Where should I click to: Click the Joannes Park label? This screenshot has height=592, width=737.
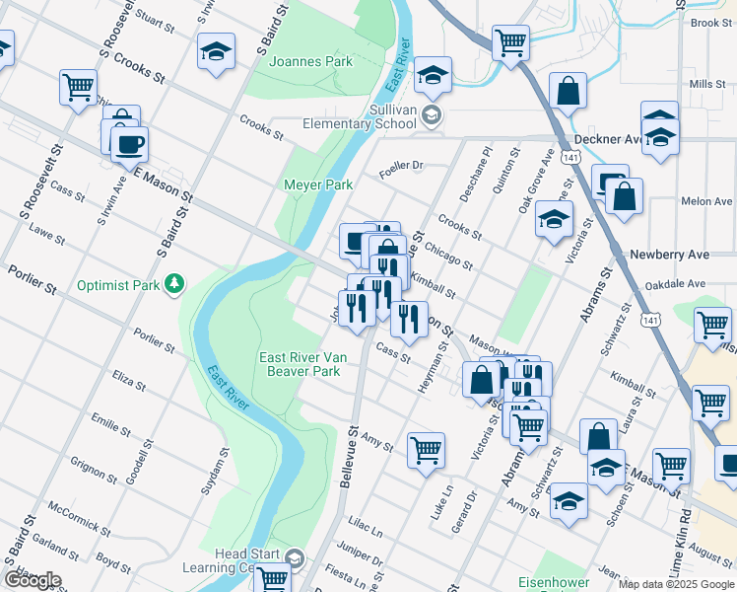tap(310, 61)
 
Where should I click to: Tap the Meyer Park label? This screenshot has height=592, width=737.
tap(317, 185)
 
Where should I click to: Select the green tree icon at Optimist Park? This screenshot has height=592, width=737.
tap(174, 284)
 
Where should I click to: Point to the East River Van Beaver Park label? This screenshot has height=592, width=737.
tap(300, 364)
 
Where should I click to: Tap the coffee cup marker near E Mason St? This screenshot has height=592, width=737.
tap(128, 146)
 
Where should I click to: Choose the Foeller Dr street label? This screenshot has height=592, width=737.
tap(401, 166)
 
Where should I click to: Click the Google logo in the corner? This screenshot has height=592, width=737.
tap(33, 580)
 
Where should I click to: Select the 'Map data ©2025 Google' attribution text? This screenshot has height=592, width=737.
tap(676, 584)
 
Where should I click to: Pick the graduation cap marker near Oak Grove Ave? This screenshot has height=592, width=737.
tap(555, 218)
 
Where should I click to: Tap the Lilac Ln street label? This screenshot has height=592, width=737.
tap(364, 531)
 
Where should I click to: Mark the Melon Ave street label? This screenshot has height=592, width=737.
tap(706, 201)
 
